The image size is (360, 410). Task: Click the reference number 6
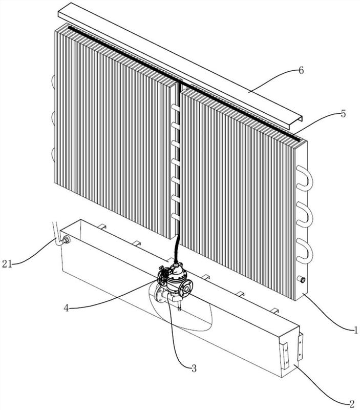click(x=301, y=70)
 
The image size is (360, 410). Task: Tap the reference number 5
click(x=343, y=113)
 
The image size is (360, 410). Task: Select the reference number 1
click(x=355, y=330)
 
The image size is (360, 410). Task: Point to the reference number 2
click(x=352, y=403)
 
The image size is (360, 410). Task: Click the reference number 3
click(x=194, y=368)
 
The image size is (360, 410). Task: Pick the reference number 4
click(x=67, y=308)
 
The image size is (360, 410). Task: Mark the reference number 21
click(x=7, y=264)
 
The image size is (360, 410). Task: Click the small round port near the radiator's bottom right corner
click(x=302, y=280)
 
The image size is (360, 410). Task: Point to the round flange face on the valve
click(x=186, y=288)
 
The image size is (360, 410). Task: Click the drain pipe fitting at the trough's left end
click(x=66, y=240)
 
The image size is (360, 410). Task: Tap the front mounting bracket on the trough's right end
click(x=285, y=355)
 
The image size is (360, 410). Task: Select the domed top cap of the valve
click(x=176, y=268)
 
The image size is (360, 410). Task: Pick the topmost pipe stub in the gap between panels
click(x=176, y=107)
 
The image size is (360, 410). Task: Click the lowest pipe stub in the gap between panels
click(x=176, y=216)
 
